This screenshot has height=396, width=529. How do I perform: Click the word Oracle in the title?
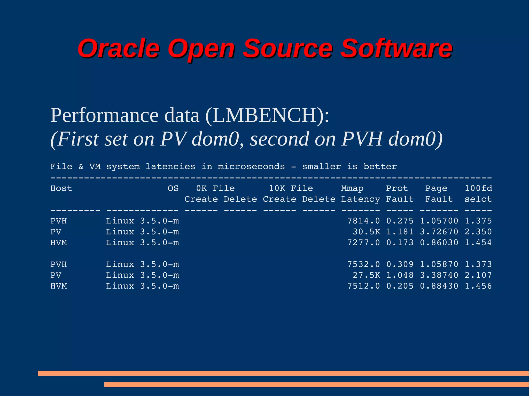coord(119,48)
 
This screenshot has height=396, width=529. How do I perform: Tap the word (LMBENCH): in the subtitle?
coord(267,115)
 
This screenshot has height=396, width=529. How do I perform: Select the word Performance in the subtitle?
coord(104,115)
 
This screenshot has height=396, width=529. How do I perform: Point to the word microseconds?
coord(251,167)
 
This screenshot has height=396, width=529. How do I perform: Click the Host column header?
coord(61,188)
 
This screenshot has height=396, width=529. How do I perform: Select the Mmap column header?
coord(352,188)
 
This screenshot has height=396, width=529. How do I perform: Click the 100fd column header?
coord(478,188)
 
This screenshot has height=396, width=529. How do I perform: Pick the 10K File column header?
coord(291,188)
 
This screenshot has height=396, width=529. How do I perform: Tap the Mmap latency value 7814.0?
coord(363,221)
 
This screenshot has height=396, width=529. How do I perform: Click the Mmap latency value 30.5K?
coord(366,232)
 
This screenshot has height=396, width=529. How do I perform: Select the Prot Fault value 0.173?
coord(400,243)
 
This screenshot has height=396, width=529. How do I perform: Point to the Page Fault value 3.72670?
coord(439,232)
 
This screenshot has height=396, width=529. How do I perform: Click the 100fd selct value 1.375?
coord(478,221)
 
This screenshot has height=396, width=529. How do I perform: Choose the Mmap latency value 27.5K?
coord(366,275)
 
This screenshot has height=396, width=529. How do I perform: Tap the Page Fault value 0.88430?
coord(439,286)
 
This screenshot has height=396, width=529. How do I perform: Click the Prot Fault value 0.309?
coord(400,264)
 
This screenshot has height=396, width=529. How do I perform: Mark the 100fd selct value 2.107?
coord(478,275)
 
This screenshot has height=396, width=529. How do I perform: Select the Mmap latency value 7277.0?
coord(363,243)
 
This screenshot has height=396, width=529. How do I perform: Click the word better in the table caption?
coord(380,167)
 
